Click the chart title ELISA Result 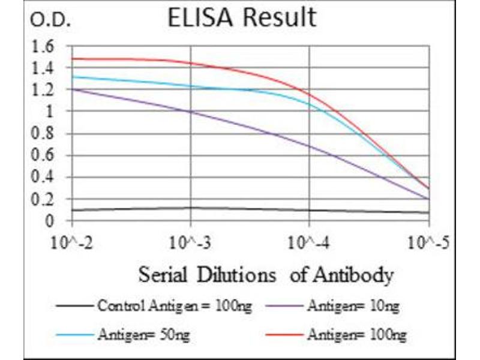242,18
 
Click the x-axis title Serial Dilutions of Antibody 266,275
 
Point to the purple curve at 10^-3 190,112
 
